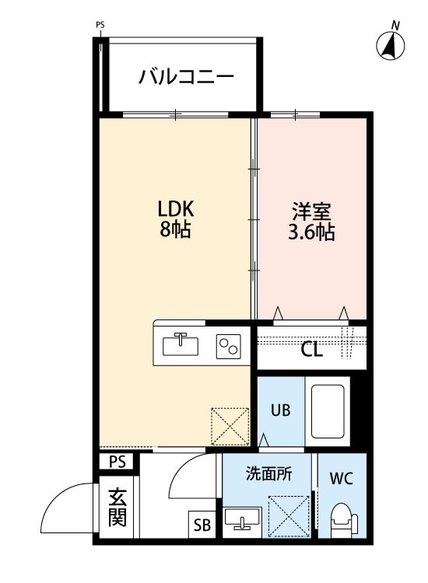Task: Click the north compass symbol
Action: point(392,45)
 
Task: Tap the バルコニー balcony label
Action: point(186,77)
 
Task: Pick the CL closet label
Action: point(312,350)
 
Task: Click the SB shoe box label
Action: point(202,525)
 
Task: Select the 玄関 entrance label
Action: point(117,507)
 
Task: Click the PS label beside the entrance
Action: point(117,463)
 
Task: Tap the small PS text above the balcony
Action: point(100,25)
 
